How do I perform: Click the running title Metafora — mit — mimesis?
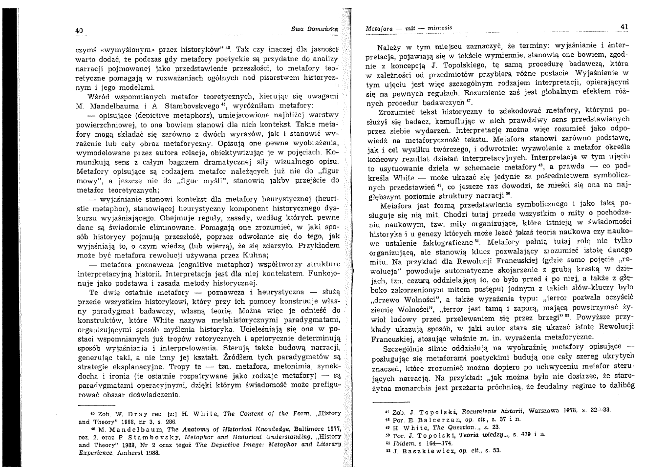tap(409, 28)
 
